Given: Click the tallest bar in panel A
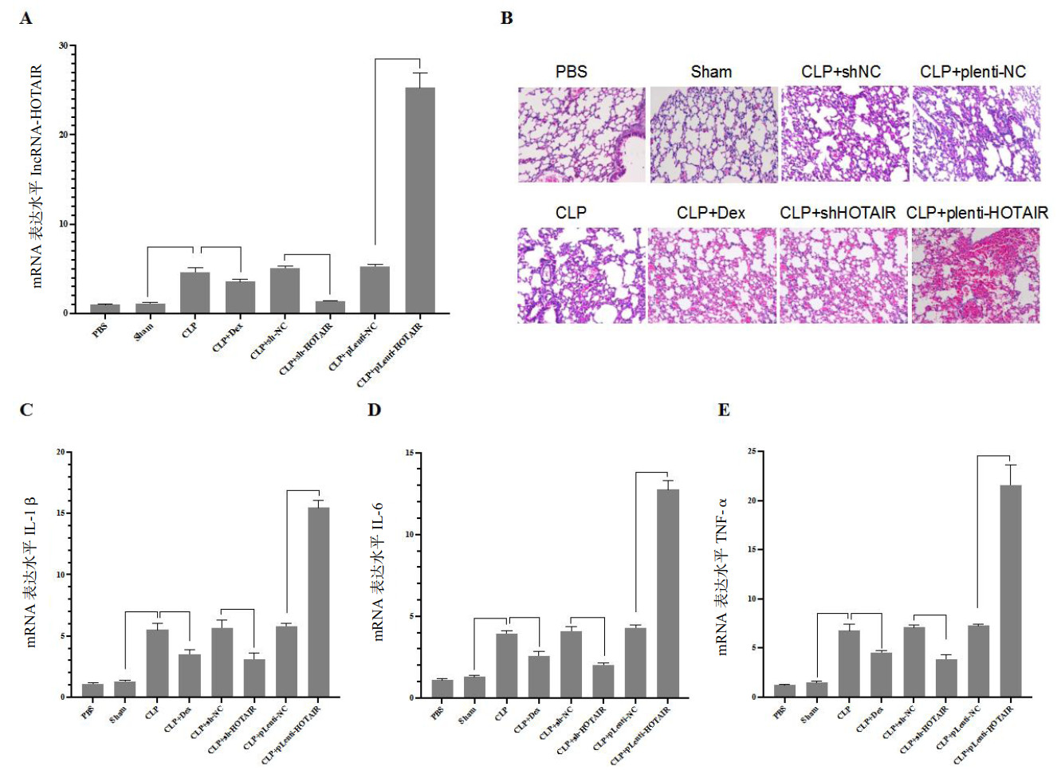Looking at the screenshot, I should (420, 199).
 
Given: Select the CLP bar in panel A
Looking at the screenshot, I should (195, 293).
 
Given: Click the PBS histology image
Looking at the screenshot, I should (581, 135).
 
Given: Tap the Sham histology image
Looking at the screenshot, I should (713, 135).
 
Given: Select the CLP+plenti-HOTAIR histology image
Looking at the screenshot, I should (976, 276).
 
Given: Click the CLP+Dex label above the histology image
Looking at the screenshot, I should (710, 213).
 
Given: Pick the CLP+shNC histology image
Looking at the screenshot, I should (844, 135).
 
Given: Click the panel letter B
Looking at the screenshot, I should (506, 18).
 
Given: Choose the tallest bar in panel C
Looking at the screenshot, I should (318, 602).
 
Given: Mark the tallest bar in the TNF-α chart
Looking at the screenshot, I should (1010, 590).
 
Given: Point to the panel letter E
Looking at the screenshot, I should (724, 410).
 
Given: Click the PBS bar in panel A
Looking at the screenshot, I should (104, 308).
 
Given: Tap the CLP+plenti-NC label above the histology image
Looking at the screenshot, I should (973, 72).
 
